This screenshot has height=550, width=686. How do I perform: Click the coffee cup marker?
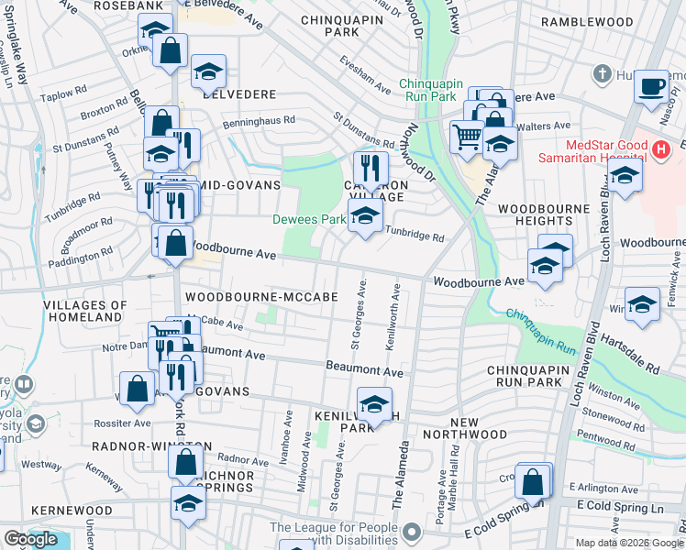(652, 87)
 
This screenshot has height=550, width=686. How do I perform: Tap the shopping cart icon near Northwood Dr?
(467, 137)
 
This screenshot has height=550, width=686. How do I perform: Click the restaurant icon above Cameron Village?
(371, 168)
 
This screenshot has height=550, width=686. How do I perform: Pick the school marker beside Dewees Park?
(365, 217)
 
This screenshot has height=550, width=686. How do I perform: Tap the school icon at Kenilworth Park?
(373, 404)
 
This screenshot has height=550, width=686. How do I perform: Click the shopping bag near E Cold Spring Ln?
(532, 481)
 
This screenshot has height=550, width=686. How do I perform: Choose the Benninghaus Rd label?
(260, 120)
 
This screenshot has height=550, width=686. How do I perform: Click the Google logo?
(30, 539)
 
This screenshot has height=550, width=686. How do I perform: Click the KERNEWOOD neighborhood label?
(71, 511)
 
